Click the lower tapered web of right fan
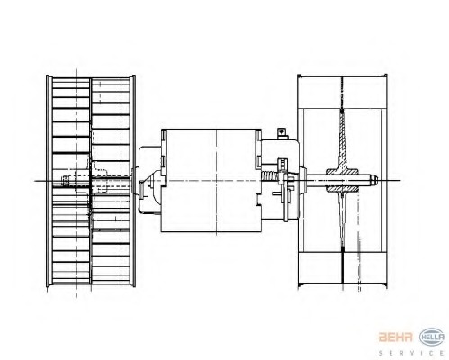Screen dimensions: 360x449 (345, 229)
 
